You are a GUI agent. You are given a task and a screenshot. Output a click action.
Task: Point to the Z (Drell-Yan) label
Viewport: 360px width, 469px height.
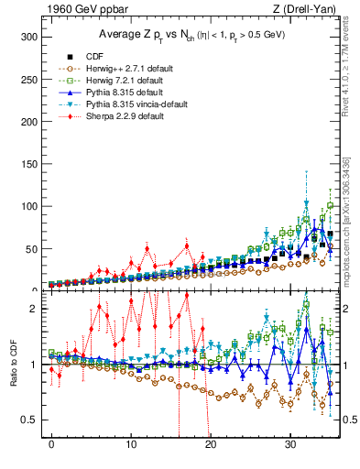[307, 9]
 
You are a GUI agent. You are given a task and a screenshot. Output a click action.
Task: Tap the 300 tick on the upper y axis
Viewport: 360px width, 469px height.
[31, 37]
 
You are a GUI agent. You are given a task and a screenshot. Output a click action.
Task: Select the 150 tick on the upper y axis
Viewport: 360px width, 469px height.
[31, 164]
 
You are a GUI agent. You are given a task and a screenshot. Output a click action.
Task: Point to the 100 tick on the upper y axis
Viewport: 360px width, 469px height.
[31, 206]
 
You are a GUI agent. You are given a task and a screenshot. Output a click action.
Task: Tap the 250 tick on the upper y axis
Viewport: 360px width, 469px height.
[31, 79]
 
